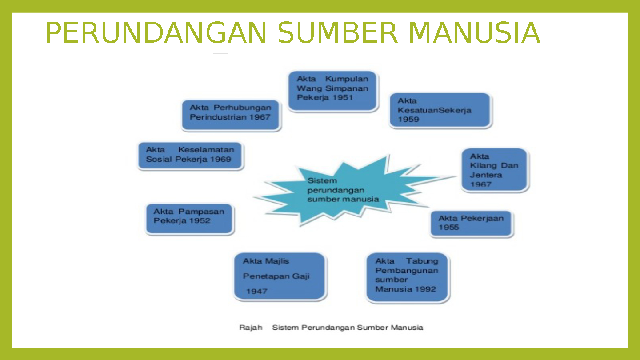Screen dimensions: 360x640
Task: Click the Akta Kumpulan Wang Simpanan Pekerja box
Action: (x=332, y=90)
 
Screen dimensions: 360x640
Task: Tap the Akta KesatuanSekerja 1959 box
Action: (x=440, y=110)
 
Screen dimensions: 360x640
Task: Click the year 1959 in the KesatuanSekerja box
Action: (x=408, y=120)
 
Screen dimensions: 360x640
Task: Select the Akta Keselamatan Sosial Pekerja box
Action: (x=191, y=156)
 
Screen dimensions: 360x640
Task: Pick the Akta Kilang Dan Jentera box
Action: (x=494, y=170)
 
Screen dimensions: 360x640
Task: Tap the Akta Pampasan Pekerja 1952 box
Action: (x=190, y=219)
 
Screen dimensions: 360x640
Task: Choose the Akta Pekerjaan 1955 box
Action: (x=471, y=223)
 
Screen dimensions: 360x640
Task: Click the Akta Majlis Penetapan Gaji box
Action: (x=280, y=276)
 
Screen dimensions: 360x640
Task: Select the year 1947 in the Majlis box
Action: (x=257, y=292)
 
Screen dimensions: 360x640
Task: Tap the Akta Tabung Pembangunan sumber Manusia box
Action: (x=408, y=278)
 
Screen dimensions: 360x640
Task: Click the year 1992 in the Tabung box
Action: (x=425, y=289)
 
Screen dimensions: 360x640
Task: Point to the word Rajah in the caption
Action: (x=251, y=328)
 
